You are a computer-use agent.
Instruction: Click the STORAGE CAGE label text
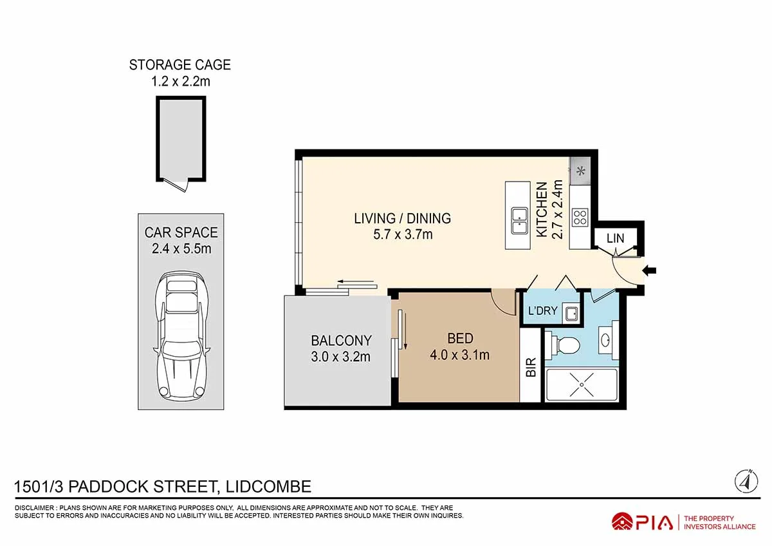pos(179,65)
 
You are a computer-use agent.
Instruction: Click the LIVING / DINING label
pos(402,218)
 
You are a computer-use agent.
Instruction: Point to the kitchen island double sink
pos(518,221)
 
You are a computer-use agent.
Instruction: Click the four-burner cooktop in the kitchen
pos(580,217)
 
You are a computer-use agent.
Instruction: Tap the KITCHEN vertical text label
pos(542,209)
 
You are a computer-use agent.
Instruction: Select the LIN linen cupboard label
pos(615,238)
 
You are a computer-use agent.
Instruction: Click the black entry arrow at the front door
pos(650,272)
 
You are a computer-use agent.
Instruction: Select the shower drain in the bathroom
pos(581,384)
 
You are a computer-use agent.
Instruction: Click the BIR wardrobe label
pos(531,368)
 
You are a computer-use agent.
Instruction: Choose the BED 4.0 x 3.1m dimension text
pos(459,354)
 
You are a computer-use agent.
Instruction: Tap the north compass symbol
pos(744,480)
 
